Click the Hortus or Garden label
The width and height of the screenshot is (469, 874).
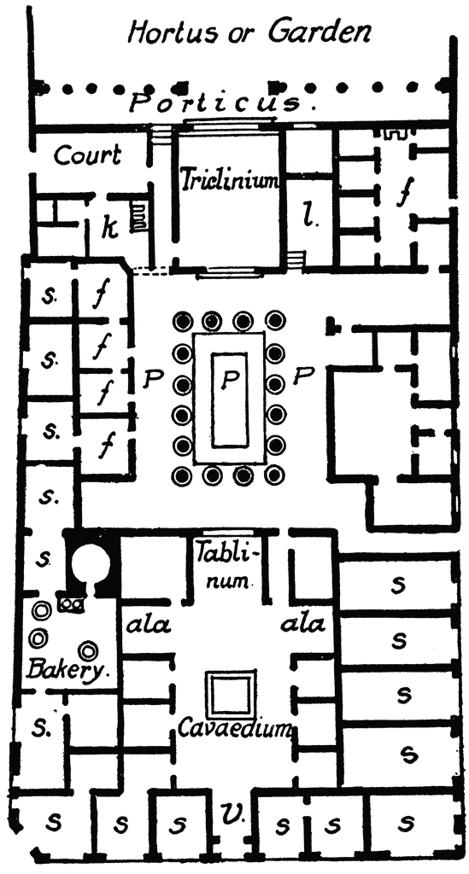pos(249,32)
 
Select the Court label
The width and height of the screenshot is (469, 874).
pos(87,155)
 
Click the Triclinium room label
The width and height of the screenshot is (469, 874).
pos(229,180)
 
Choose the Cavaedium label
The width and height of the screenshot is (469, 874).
pos(235,728)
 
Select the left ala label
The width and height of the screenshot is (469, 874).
pos(149,626)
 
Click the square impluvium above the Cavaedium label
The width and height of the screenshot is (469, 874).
pos(232,694)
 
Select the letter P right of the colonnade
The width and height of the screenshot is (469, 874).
pos(302,377)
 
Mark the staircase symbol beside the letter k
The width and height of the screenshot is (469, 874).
pos(138,217)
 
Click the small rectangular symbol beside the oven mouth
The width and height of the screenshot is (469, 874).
pos(72,603)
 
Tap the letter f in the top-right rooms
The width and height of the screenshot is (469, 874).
pos(402,193)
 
